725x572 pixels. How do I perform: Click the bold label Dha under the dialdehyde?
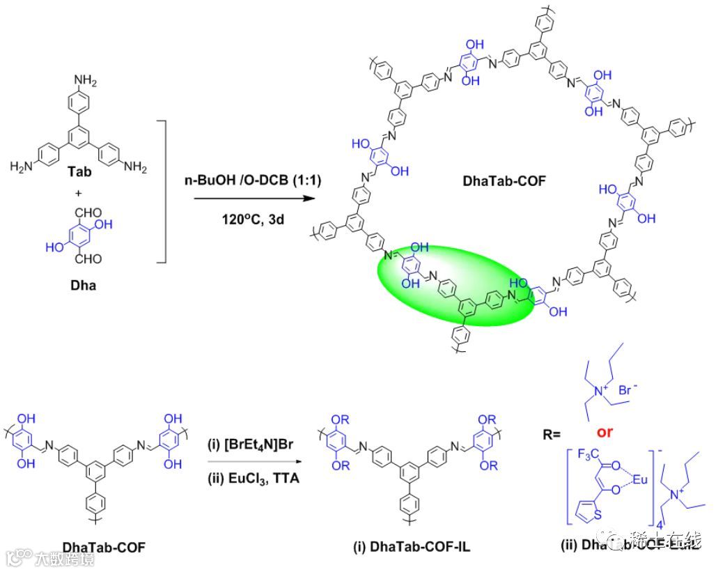click(84, 284)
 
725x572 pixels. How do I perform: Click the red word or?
click(605, 432)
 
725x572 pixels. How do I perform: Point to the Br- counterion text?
click(631, 391)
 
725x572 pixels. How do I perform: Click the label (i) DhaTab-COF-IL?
click(411, 547)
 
